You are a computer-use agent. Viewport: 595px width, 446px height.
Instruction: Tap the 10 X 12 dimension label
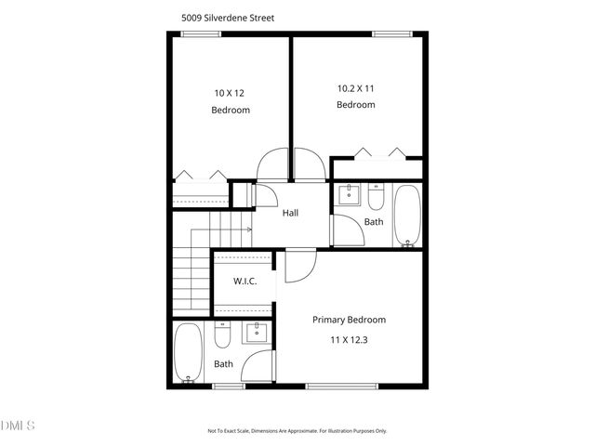tap(231, 92)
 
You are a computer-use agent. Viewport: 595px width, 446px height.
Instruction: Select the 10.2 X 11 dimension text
tap(355, 88)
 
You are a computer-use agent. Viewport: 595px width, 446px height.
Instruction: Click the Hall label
tap(291, 213)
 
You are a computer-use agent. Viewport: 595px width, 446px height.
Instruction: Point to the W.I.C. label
tap(245, 282)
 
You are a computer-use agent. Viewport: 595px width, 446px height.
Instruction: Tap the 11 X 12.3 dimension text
tap(350, 341)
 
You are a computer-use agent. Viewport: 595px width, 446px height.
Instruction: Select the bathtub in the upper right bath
tap(407, 216)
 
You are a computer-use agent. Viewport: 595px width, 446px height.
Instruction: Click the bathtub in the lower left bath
tap(189, 352)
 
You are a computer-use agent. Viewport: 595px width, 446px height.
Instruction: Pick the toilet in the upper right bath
tap(377, 197)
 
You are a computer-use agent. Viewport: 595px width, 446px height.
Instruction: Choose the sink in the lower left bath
tap(255, 334)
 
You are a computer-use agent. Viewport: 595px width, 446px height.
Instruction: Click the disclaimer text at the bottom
tap(297, 431)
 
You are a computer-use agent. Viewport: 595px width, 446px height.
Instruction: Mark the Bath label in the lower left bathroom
tap(223, 364)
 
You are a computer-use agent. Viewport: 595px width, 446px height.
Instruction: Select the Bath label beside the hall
tap(374, 222)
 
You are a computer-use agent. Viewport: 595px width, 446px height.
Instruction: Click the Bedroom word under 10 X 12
tap(231, 110)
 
